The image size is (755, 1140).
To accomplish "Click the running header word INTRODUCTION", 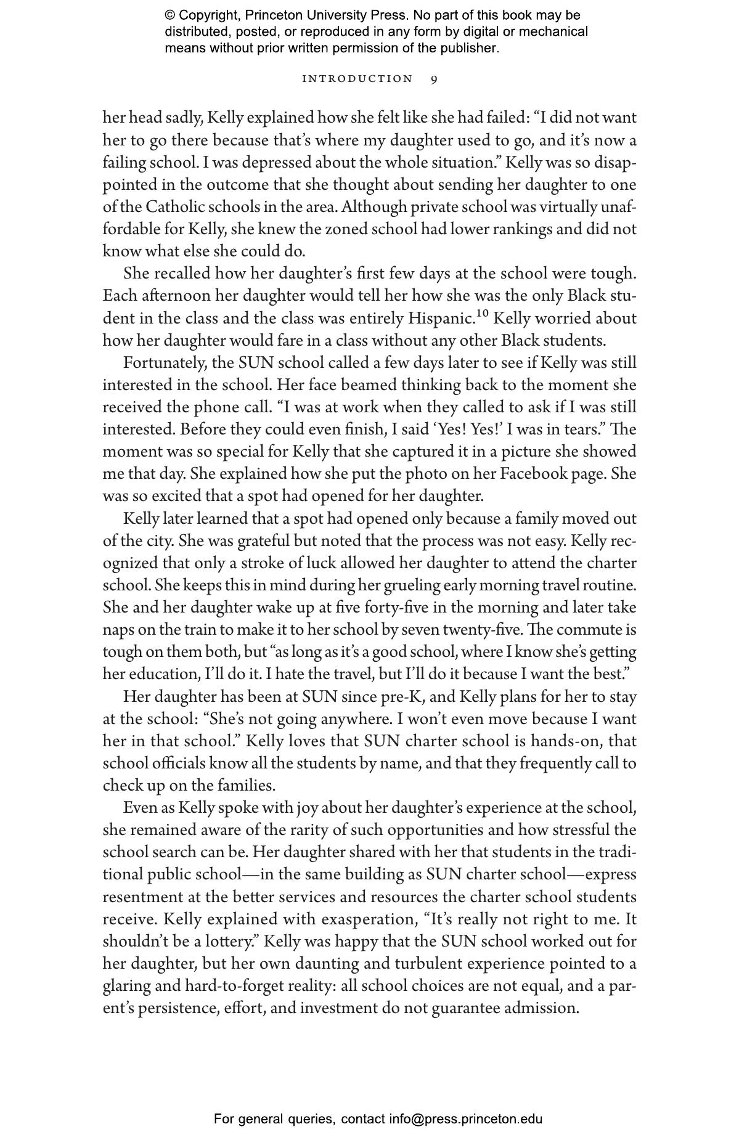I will pyautogui.click(x=357, y=79).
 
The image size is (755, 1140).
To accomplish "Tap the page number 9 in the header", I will pyautogui.click(x=435, y=79).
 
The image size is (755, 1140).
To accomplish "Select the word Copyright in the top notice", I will pyautogui.click(x=206, y=15).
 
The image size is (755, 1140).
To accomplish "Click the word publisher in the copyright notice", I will pyautogui.click(x=470, y=48).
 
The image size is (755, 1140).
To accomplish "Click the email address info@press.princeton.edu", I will pyautogui.click(x=465, y=1119).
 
